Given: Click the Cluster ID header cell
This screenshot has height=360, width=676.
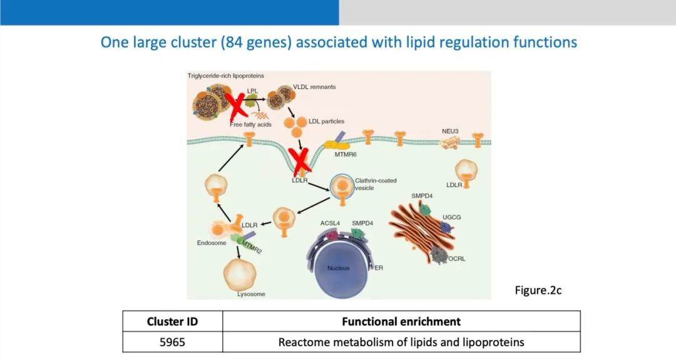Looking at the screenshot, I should coord(172,322).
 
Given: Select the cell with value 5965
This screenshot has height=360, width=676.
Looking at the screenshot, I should coord(172,342).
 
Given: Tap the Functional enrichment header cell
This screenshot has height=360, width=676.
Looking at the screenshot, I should coord(401,322).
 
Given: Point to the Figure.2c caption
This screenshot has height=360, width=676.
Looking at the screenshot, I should coord(538,291).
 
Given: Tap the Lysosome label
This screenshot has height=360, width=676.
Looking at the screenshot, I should coord(251,294).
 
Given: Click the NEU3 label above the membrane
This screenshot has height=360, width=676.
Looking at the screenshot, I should coord(451,131).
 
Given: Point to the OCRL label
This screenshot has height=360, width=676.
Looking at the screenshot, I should coord(457,258).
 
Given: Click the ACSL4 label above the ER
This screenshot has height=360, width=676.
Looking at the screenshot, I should coord(330,222).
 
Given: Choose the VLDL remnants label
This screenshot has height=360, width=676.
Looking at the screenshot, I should coord(314,87).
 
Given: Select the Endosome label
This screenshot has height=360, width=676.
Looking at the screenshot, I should coord(212,243).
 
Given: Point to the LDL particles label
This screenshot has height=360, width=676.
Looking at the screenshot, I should coord(326,121).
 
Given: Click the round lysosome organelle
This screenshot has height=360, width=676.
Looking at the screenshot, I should coord(240,272).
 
